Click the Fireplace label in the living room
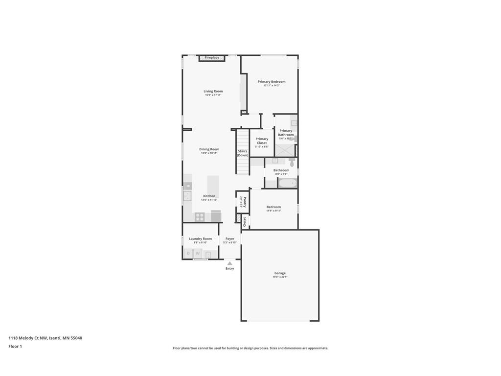point(212,58)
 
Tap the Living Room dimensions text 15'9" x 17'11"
point(213,95)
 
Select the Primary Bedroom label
point(272,82)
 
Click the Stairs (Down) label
point(243,153)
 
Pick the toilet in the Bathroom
point(292,163)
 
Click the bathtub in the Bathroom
point(288,184)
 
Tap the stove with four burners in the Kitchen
point(200,216)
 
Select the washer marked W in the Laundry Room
point(198,254)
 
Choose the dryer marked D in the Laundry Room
point(188,254)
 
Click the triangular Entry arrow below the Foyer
point(230,263)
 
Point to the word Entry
point(230,268)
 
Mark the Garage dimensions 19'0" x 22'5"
point(280,277)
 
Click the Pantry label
point(243,202)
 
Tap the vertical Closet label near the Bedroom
point(244,221)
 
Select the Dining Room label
point(209,149)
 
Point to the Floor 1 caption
point(15,346)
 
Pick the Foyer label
point(230,239)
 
